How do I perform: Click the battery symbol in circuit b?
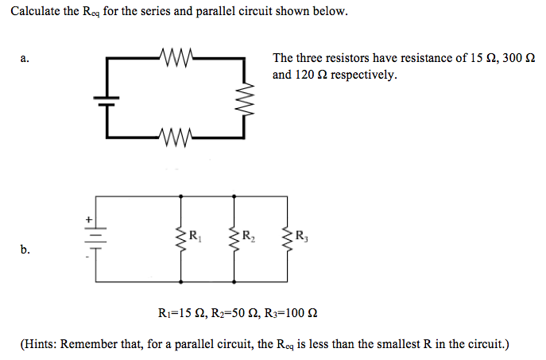click(96, 234)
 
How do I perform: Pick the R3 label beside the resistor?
click(301, 235)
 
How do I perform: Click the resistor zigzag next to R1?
click(182, 237)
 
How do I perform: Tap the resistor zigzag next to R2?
click(234, 237)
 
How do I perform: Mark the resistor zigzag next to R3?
click(288, 237)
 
